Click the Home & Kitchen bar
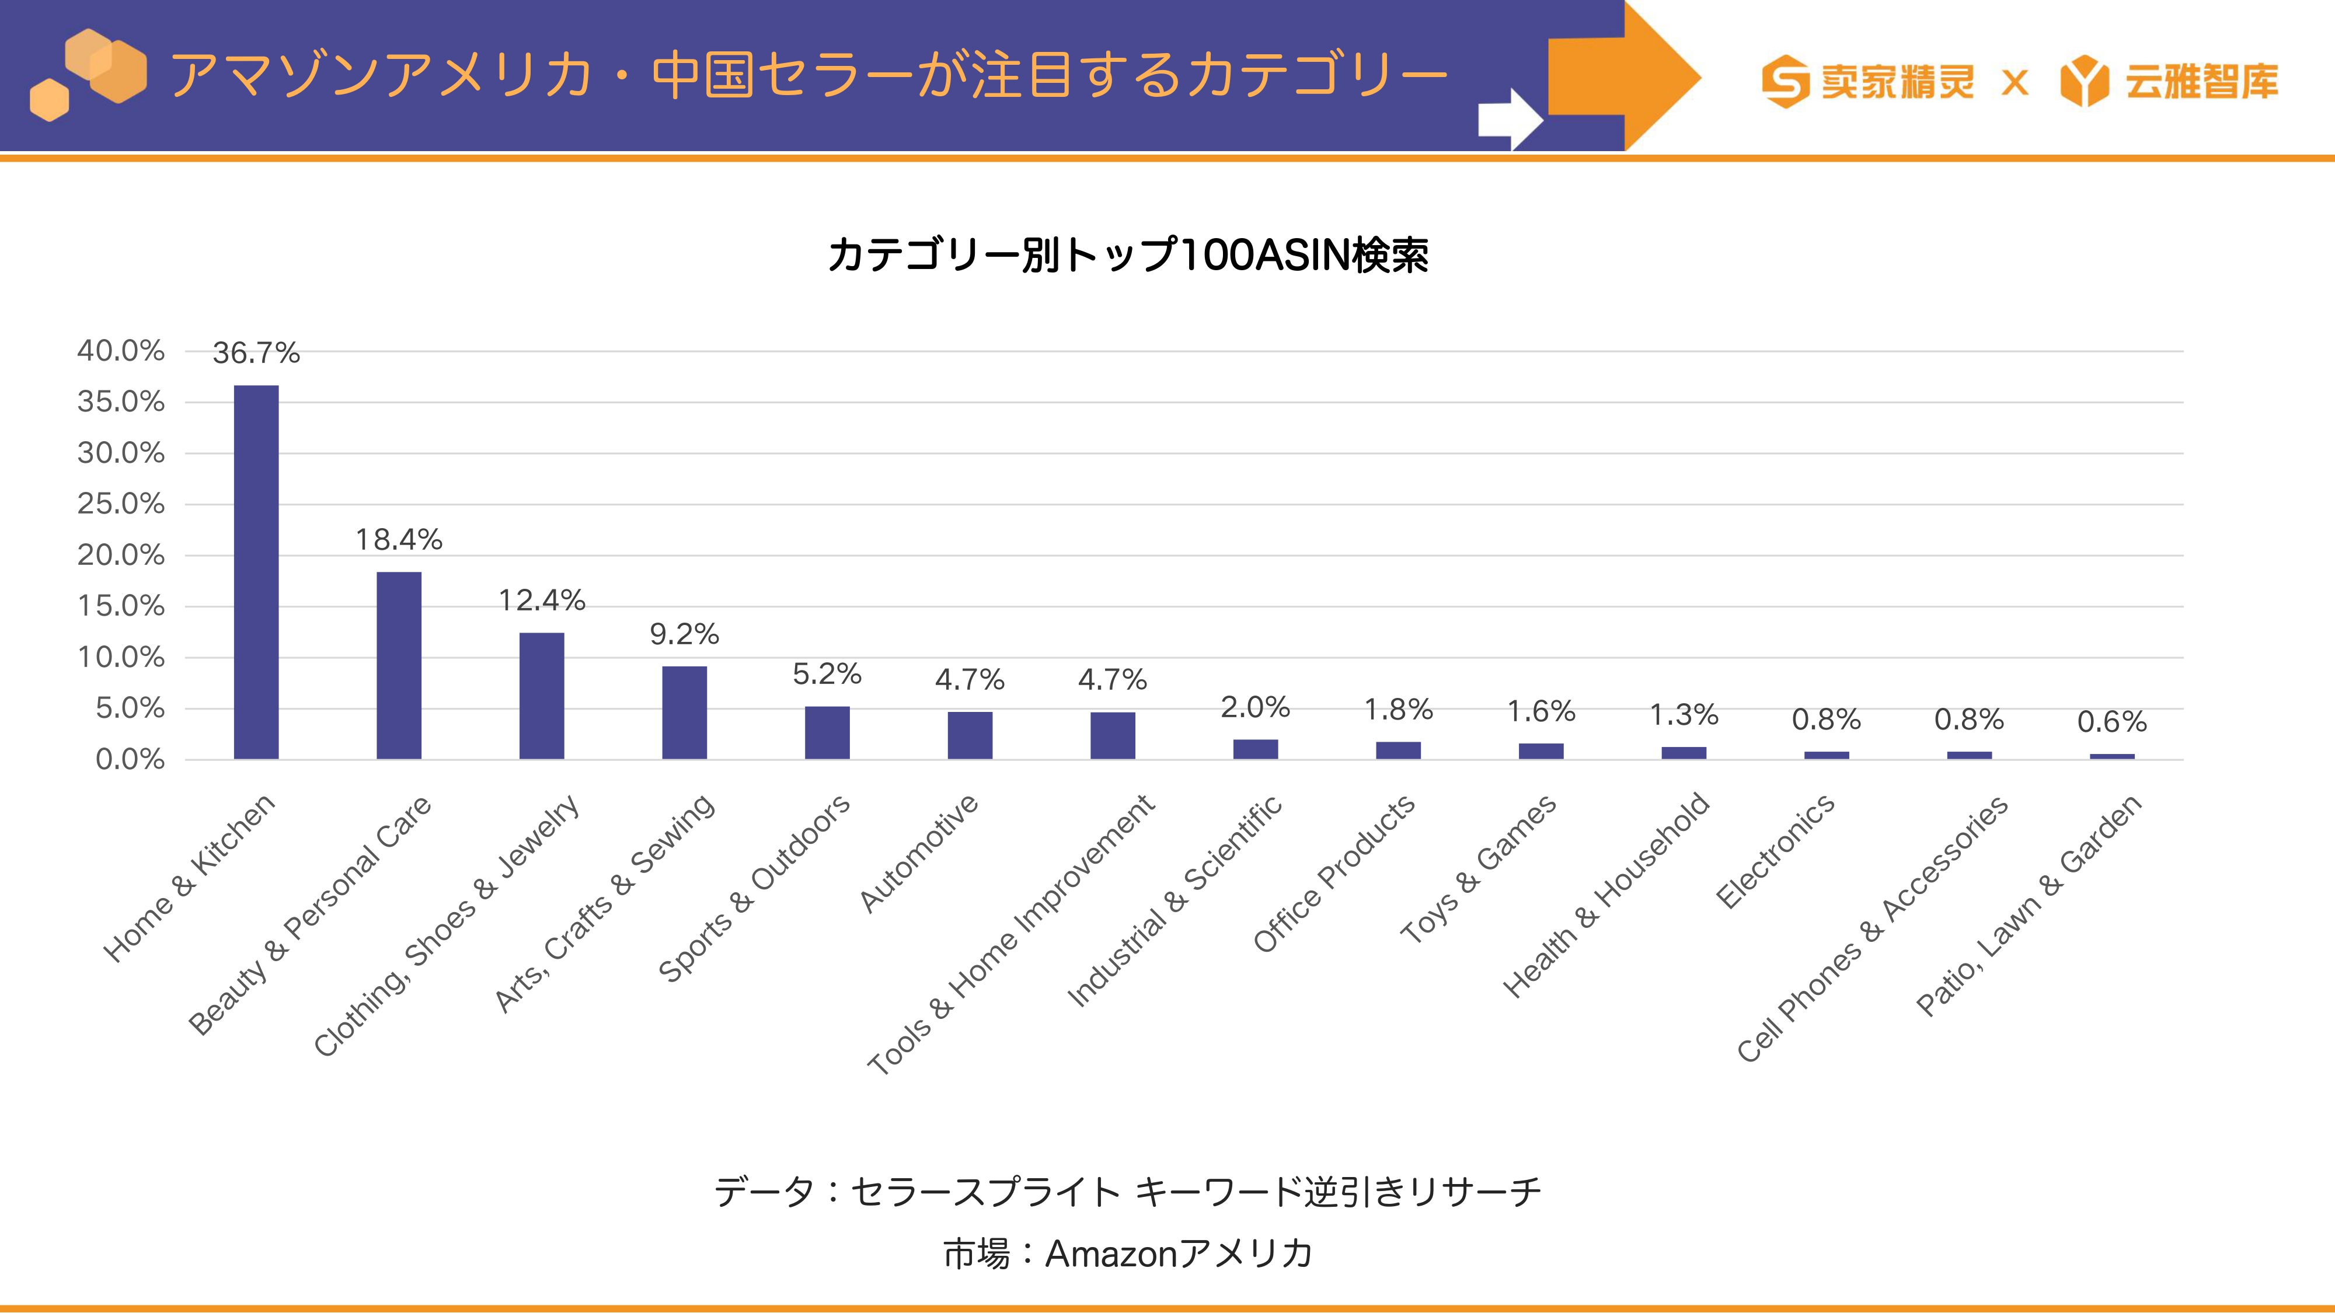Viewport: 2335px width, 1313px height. pyautogui.click(x=256, y=572)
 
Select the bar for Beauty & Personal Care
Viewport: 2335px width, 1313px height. pyautogui.click(x=399, y=665)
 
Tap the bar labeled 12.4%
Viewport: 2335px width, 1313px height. pyautogui.click(x=542, y=696)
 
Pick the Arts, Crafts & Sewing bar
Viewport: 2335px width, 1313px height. pyautogui.click(x=684, y=712)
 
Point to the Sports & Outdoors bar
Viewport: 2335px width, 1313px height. pyautogui.click(x=828, y=732)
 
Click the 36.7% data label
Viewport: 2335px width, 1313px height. pyautogui.click(x=256, y=352)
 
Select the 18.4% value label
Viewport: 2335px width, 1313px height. pyautogui.click(x=399, y=539)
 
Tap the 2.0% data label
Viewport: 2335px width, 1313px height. pyautogui.click(x=1256, y=707)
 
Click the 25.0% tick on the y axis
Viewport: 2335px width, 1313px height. pyautogui.click(x=121, y=503)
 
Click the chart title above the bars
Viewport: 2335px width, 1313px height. pyautogui.click(x=1128, y=254)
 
